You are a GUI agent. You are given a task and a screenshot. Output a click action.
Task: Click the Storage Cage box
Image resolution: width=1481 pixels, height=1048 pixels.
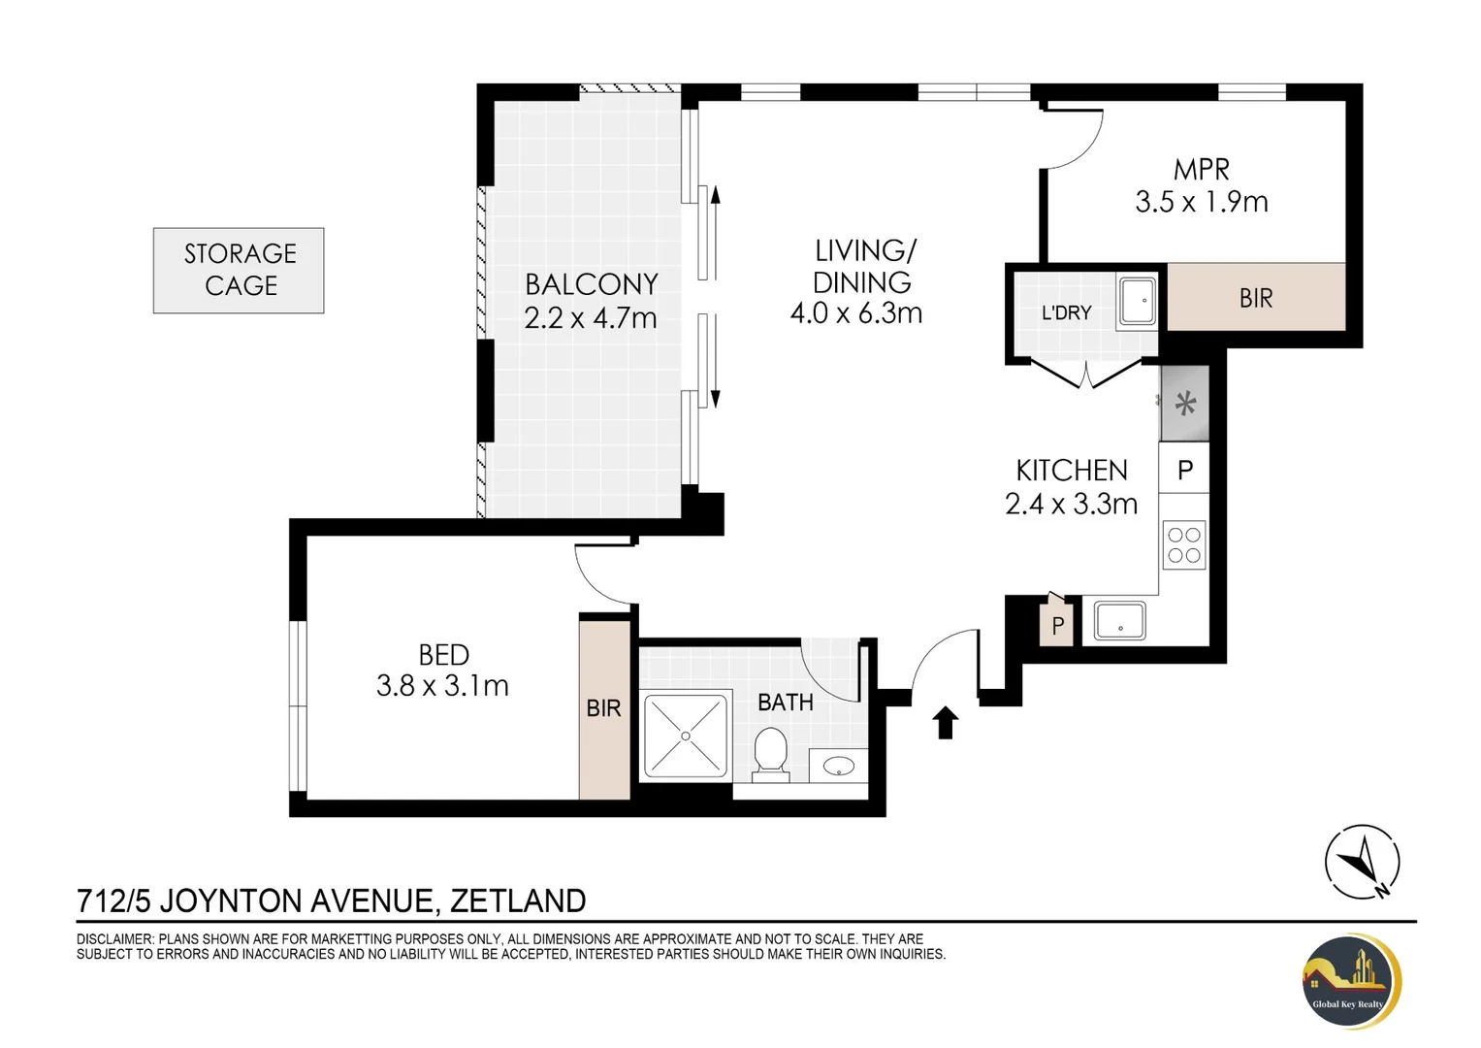239,271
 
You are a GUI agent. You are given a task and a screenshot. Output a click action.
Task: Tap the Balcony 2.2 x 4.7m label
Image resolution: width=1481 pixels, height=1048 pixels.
591,301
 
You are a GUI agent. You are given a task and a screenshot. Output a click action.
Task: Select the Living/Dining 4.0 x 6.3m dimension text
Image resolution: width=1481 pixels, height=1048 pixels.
856,313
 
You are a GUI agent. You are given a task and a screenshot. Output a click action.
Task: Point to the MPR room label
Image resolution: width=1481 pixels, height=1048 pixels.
1202,170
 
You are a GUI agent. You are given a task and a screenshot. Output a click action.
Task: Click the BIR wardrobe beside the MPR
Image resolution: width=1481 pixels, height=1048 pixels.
1256,297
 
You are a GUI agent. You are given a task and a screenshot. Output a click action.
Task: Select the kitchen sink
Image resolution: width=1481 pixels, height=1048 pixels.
1119,621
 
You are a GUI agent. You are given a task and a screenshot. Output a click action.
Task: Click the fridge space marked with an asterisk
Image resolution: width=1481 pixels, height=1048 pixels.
1185,403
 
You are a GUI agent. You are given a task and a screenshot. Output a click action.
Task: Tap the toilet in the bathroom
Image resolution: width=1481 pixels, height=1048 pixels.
770,754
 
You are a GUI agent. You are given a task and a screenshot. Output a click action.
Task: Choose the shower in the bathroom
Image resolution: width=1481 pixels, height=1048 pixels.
686,736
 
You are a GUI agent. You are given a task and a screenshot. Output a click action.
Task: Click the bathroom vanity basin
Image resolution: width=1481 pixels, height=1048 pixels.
838,767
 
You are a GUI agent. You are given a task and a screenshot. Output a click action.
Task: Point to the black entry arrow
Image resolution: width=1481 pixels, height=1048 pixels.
946,723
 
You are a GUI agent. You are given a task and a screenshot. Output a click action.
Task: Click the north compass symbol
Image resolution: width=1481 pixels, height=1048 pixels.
1362,862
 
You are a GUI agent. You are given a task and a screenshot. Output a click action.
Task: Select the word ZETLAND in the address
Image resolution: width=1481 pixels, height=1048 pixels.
518,901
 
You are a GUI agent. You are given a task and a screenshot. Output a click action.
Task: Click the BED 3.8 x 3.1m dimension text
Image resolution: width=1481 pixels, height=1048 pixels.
442,685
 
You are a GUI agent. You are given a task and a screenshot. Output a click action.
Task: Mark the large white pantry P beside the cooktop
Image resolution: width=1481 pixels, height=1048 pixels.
1184,468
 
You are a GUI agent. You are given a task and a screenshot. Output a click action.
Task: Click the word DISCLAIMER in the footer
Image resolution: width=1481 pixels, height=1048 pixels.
115,939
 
